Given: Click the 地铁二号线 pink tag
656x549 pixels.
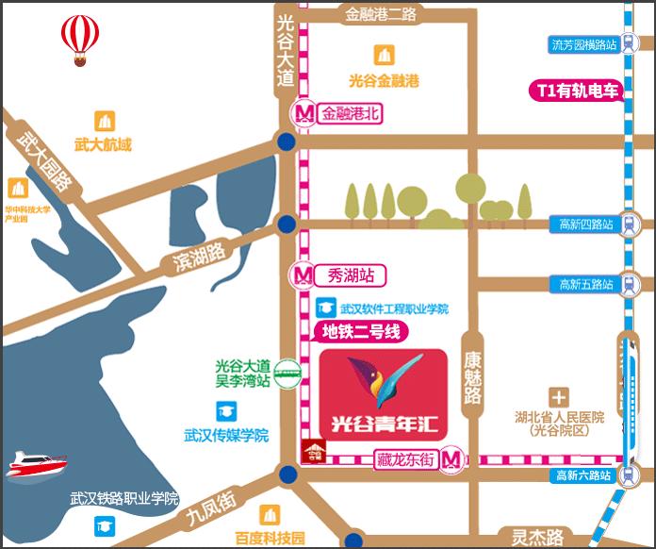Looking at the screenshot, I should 361,331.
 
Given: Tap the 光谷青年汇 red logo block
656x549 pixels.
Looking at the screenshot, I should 383,394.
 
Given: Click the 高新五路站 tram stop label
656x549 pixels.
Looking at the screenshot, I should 585,284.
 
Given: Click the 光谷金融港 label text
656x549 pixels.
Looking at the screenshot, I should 383,80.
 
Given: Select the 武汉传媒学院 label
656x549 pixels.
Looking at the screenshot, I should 226,435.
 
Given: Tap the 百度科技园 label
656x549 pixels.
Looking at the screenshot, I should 271,539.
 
